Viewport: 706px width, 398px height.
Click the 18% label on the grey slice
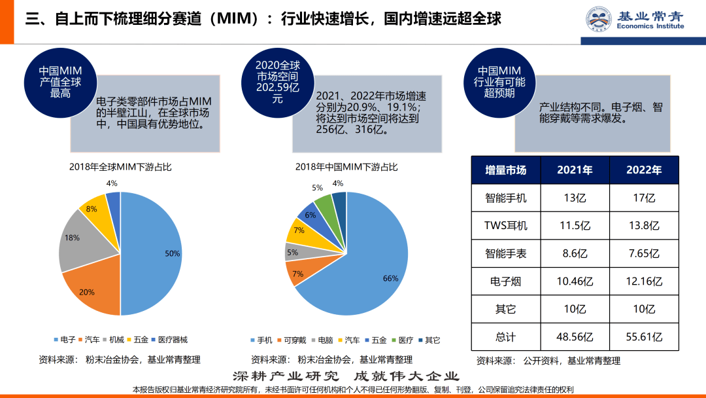(72, 238)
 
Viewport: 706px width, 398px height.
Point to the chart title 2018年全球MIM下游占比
(120, 167)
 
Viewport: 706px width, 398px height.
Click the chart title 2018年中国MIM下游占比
(346, 167)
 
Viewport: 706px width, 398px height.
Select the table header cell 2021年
(575, 170)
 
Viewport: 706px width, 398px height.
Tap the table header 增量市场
(505, 170)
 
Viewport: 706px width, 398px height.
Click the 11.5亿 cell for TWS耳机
(575, 225)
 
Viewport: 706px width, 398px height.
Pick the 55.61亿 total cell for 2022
(644, 337)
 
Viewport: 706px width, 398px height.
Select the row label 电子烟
(505, 281)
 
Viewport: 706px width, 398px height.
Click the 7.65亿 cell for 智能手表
(644, 253)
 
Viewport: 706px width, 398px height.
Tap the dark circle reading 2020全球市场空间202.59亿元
(277, 82)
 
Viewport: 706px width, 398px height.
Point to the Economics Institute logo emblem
(597, 19)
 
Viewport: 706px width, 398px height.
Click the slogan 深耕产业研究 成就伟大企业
(346, 376)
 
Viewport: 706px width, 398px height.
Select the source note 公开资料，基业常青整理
(548, 360)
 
